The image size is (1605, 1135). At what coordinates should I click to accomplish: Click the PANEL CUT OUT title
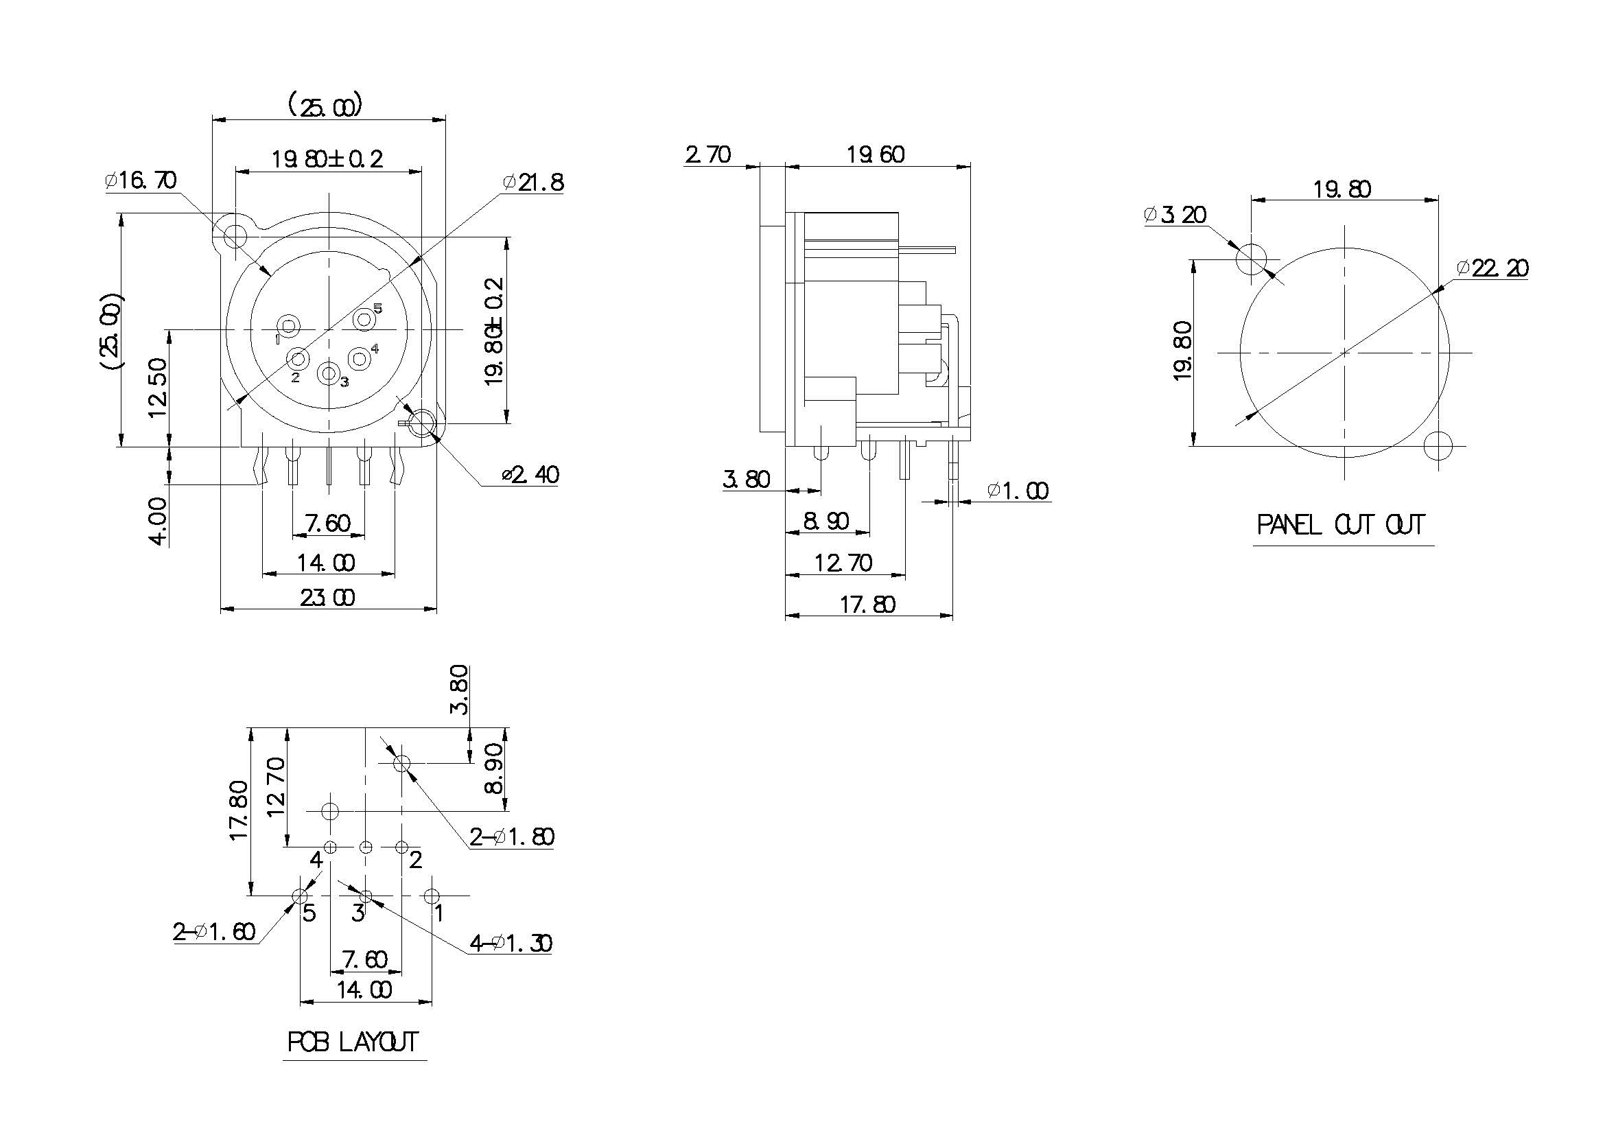[x=1341, y=525]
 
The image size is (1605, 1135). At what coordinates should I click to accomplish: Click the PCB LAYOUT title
[x=353, y=1042]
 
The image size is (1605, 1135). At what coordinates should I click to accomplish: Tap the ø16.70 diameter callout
[x=141, y=180]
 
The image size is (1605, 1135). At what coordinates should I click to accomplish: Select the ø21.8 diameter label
[x=532, y=183]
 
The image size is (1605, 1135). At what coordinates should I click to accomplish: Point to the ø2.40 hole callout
[x=530, y=476]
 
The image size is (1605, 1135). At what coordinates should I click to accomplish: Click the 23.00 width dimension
[x=327, y=598]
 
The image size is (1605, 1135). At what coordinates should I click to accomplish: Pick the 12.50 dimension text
[x=159, y=388]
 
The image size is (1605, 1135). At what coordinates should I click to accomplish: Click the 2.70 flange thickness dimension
[x=708, y=154]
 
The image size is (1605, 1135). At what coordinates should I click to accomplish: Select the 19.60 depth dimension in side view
[x=876, y=154]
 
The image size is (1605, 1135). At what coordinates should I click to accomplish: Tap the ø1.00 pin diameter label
[x=1018, y=491]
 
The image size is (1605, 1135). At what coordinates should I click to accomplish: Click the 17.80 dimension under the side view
[x=867, y=605]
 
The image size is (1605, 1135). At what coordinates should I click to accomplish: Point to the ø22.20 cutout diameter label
[x=1492, y=268]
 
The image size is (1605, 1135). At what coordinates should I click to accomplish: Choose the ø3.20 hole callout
[x=1175, y=215]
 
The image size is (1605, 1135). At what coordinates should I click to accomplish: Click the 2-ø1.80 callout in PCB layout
[x=512, y=836]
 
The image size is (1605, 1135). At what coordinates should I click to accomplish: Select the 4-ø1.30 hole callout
[x=511, y=944]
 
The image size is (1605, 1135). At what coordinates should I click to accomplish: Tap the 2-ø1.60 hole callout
[x=214, y=932]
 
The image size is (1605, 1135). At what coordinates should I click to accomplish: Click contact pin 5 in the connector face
[x=364, y=320]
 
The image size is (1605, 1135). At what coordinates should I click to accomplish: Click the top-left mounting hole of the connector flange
[x=235, y=235]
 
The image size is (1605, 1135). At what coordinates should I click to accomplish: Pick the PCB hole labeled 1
[x=432, y=896]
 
